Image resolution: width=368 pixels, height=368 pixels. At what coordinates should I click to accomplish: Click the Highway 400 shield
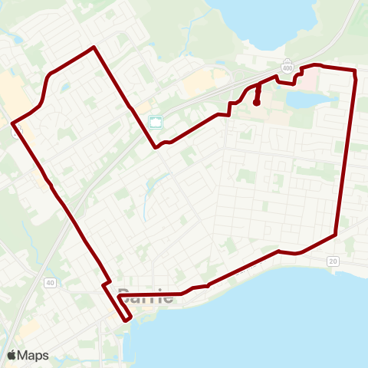coord(287,67)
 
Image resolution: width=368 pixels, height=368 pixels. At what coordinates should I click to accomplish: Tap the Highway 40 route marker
coord(50,283)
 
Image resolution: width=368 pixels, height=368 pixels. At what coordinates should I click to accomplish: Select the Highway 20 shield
coord(333,261)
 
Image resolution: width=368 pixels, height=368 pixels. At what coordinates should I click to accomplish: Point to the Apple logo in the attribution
coord(12,355)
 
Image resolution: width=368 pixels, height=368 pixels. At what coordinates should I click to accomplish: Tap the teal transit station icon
coord(156,122)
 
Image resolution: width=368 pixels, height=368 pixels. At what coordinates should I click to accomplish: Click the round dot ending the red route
coord(256,102)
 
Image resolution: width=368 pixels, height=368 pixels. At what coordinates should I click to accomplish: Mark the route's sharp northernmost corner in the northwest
coord(94,48)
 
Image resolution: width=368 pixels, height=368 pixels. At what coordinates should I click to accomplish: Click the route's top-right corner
coord(355,71)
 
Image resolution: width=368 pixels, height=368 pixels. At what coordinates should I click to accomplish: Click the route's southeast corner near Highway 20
coord(336,234)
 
